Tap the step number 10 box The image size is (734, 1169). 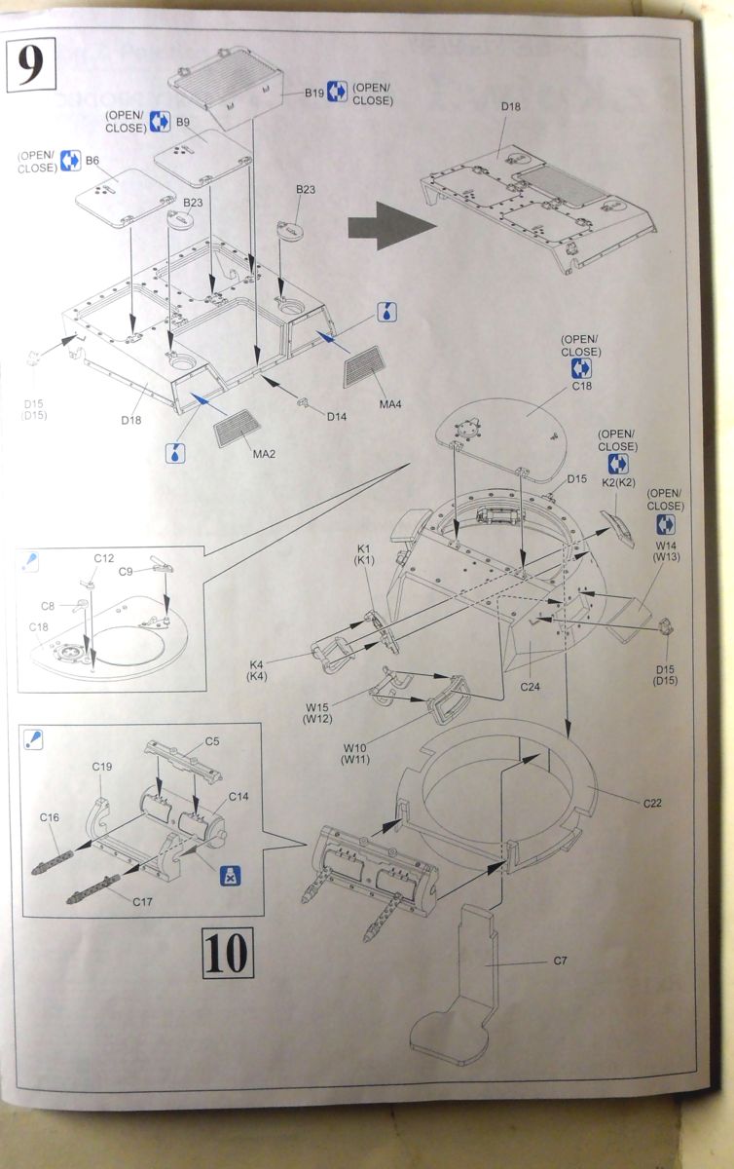(x=226, y=952)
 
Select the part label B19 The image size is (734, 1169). (x=313, y=93)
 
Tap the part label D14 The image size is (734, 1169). (x=337, y=417)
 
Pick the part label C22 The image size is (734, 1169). (x=652, y=803)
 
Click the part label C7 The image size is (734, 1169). (x=560, y=962)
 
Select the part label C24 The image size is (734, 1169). (x=530, y=687)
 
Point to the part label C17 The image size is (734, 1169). (x=144, y=902)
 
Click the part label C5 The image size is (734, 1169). (x=211, y=741)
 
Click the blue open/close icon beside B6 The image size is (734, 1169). (x=70, y=160)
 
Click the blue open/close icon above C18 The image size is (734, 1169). (x=581, y=368)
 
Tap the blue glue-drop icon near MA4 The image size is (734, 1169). (x=386, y=313)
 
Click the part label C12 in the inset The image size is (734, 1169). (x=103, y=558)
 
